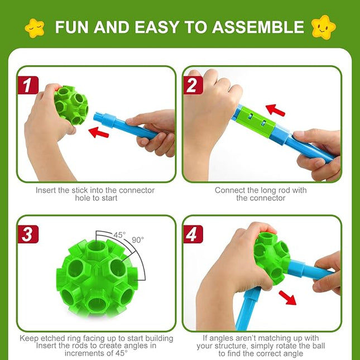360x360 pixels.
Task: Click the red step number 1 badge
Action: pos(26,85)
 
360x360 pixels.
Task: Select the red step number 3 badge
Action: pos(26,234)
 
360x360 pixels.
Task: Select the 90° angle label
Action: pos(137,239)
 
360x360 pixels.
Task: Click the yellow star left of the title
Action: pos(35,26)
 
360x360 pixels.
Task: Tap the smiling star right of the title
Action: pos(324,26)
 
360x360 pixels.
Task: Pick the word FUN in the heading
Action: pos(72,27)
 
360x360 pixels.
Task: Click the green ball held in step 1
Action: pos(70,105)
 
